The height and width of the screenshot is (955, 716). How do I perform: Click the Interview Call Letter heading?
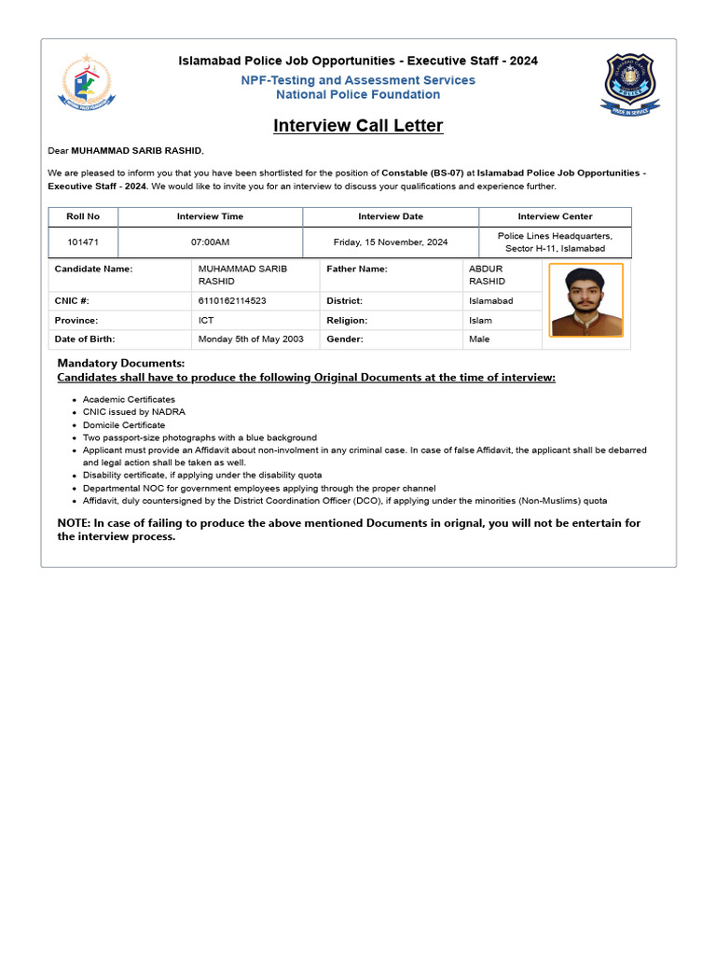click(x=358, y=126)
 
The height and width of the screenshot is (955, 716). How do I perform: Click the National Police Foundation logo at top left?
click(x=88, y=83)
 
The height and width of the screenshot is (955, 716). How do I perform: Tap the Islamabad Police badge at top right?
click(x=630, y=84)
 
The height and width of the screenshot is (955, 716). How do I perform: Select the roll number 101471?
click(x=83, y=242)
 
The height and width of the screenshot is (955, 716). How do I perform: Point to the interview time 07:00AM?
click(x=210, y=242)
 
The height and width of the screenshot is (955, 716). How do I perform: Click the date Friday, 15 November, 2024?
click(x=391, y=242)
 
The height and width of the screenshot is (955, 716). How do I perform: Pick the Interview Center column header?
click(x=555, y=216)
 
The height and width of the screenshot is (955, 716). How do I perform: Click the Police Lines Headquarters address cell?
click(x=555, y=242)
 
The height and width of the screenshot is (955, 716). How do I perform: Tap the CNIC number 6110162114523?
click(x=232, y=301)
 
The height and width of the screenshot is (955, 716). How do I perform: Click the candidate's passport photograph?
click(x=585, y=300)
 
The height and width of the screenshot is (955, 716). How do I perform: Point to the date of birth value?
click(x=251, y=339)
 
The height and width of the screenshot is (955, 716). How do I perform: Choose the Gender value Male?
click(x=479, y=339)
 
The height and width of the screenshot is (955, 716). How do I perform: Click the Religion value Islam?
click(x=480, y=321)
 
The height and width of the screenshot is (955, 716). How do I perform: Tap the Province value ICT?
click(x=206, y=321)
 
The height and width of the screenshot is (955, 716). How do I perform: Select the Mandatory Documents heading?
click(x=121, y=363)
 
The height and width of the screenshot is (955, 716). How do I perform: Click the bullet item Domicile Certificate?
click(x=124, y=425)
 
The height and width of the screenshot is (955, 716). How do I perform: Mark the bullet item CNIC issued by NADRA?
click(x=134, y=412)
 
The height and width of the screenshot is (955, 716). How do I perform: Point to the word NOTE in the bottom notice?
click(x=74, y=523)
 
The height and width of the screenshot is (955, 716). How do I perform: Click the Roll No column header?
click(x=83, y=216)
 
